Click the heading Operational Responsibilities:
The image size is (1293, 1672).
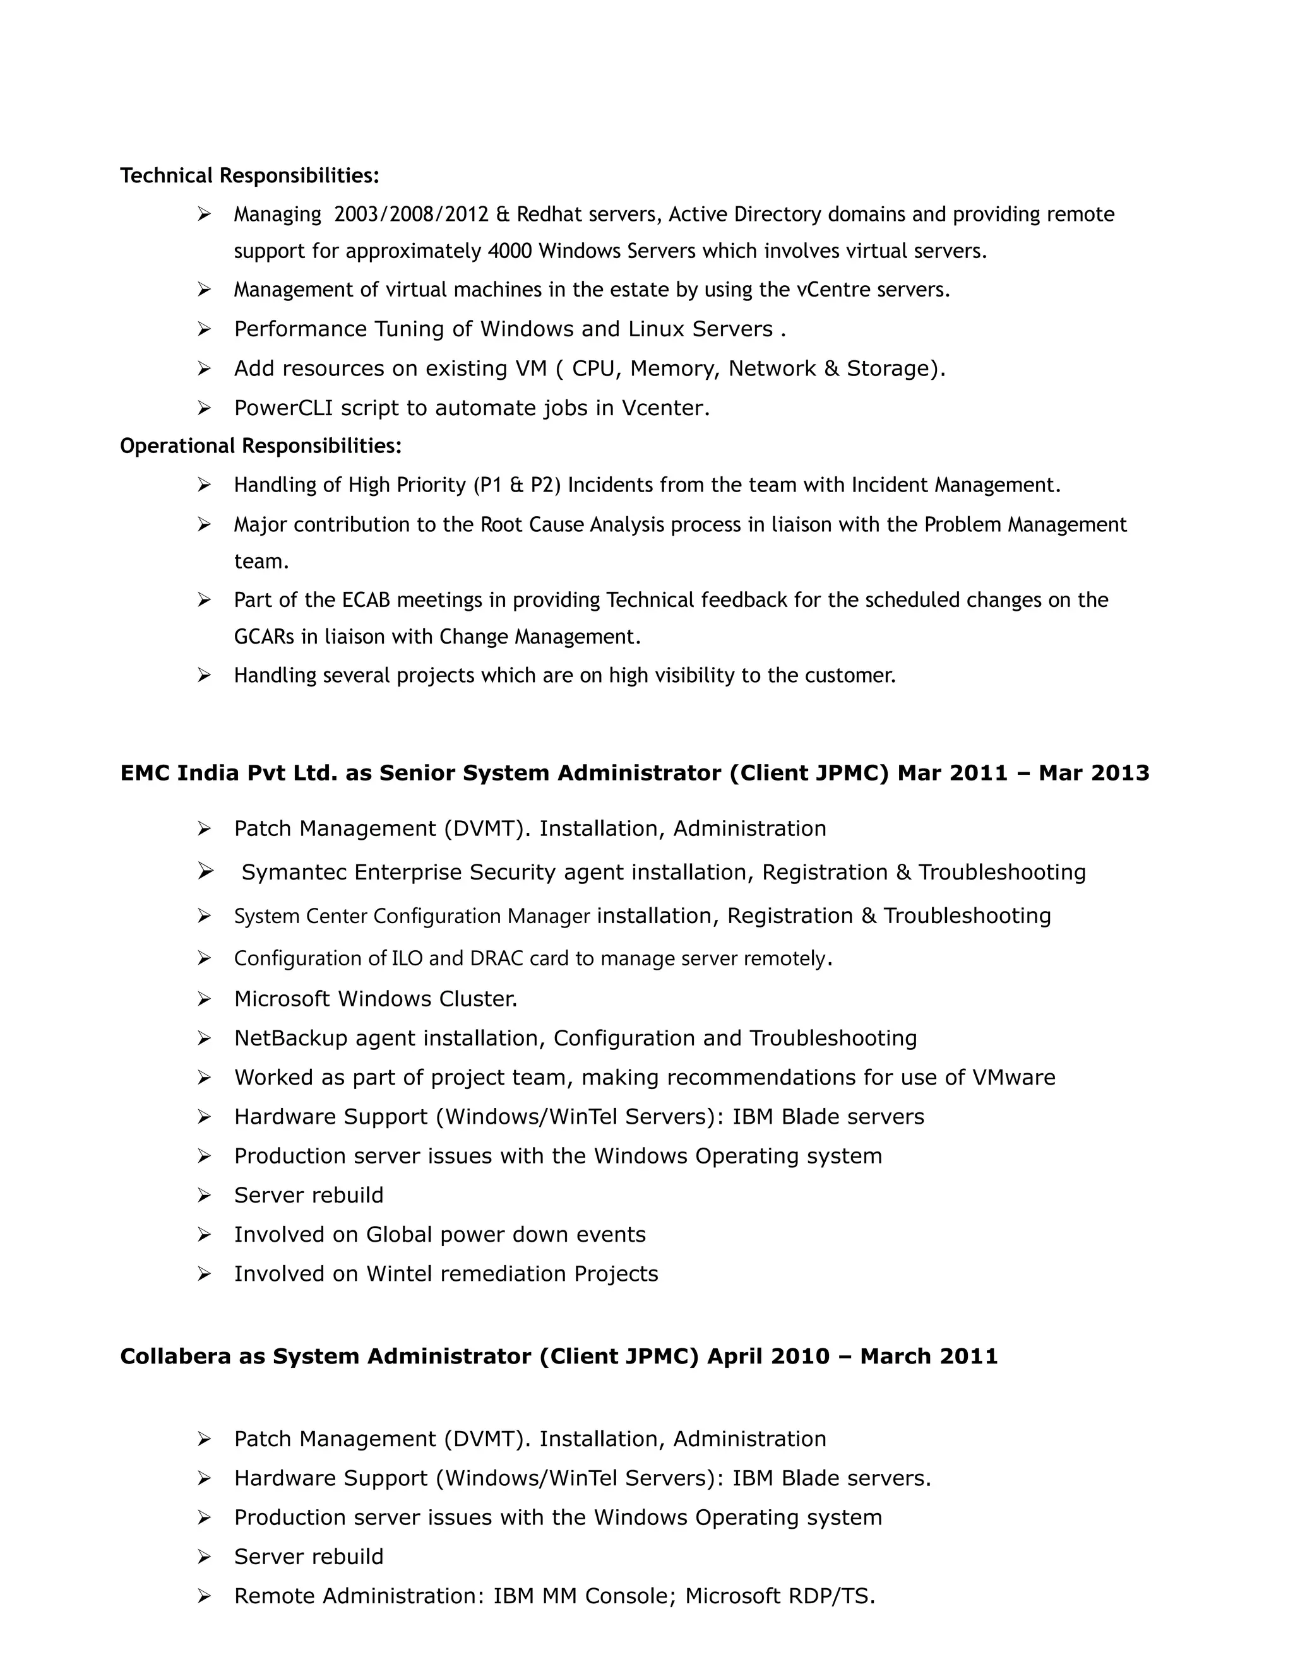(261, 445)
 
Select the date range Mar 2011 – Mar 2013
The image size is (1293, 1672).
(1023, 774)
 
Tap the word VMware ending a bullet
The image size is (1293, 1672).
(1013, 1078)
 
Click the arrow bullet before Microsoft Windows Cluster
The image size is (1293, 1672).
(204, 999)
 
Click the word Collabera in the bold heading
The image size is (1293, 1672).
(176, 1357)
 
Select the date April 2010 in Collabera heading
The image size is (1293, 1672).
(768, 1357)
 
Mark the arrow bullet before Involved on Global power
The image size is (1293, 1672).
(204, 1235)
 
